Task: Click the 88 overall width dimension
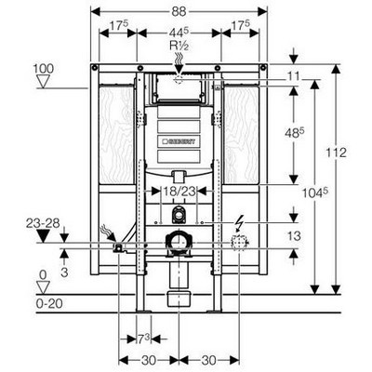pos(179,12)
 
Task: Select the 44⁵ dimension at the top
pos(179,33)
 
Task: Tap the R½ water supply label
pos(179,46)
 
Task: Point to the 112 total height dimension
pos(336,153)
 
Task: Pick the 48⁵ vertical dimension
pos(295,132)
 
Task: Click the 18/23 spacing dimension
pos(179,192)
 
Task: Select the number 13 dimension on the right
pos(294,236)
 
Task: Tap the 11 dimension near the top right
pos(293,76)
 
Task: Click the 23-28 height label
pos(43,223)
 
